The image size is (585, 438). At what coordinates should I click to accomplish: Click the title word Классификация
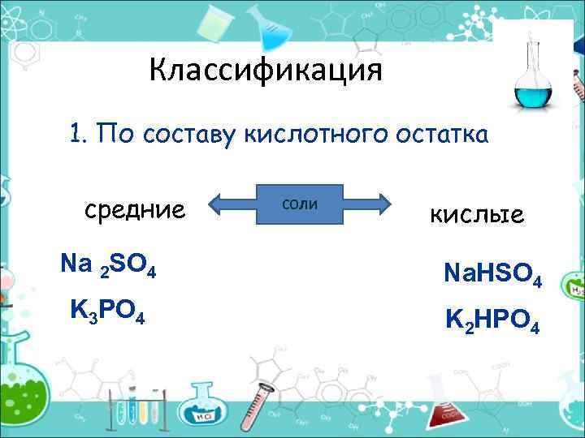click(265, 71)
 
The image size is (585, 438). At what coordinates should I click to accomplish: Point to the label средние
click(135, 211)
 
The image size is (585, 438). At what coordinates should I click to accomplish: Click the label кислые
click(476, 215)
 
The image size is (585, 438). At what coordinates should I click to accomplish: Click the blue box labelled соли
click(300, 204)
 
